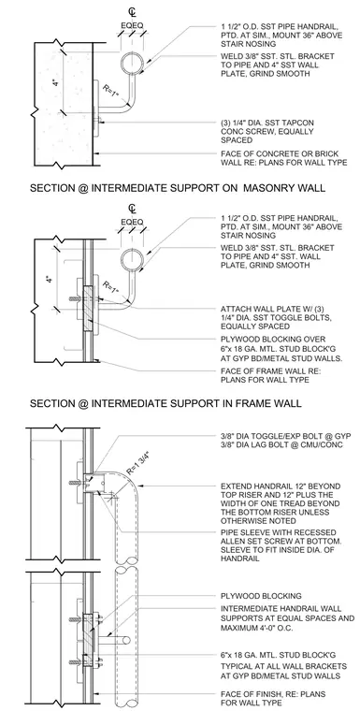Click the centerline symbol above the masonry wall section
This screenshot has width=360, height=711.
132,11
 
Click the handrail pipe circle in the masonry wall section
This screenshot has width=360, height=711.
133,62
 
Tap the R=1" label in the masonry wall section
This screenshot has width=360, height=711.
111,90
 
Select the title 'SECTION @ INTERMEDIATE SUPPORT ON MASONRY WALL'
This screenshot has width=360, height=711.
178,188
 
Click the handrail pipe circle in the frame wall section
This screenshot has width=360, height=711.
133,260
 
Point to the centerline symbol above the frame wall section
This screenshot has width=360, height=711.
132,209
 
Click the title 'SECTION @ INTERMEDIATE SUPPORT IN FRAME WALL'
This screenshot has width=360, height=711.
166,402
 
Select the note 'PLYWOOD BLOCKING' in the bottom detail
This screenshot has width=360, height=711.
261,596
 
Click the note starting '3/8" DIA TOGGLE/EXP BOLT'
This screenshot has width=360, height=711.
286,436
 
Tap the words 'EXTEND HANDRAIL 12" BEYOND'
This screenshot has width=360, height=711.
281,486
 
